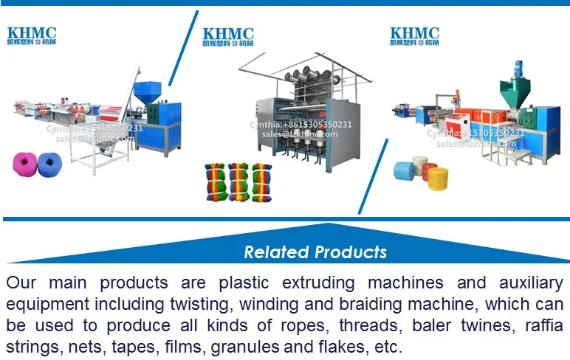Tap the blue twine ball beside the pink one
pyautogui.click(x=50, y=163)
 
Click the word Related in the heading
pyautogui.click(x=276, y=252)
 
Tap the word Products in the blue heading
pyautogui.click(x=350, y=252)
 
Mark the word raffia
pyautogui.click(x=540, y=326)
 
